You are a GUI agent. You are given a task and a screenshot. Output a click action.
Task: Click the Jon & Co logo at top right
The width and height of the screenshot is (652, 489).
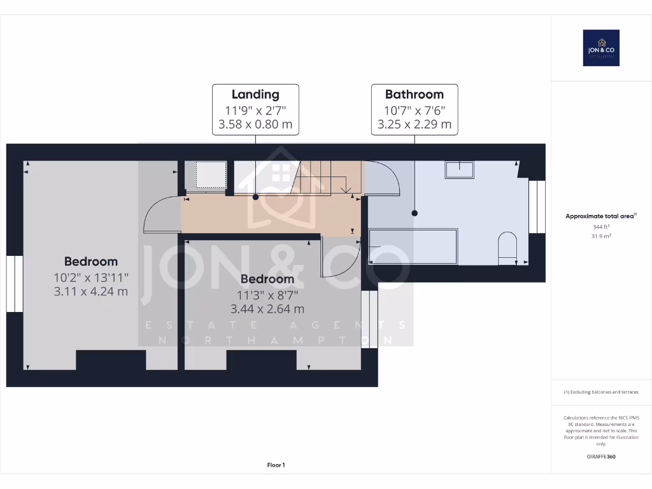[x=601, y=48]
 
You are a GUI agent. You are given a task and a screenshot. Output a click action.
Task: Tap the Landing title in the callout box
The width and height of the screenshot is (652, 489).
[x=255, y=94]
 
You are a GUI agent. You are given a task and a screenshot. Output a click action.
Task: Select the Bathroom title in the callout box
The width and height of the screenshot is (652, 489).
[x=414, y=94]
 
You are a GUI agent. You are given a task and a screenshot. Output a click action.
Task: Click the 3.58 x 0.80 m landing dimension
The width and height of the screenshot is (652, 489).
[x=255, y=125]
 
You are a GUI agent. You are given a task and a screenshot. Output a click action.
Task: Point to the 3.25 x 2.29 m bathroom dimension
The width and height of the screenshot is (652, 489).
[x=414, y=125]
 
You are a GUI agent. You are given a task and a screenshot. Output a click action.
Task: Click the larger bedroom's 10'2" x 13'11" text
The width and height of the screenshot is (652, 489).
[x=90, y=277]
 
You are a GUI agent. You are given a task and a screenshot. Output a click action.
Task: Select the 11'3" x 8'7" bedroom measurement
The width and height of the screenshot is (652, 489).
[x=267, y=295]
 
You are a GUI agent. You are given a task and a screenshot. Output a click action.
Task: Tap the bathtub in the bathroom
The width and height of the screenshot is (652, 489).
[x=413, y=246]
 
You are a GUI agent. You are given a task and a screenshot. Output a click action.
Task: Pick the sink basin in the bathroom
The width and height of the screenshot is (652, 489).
[x=459, y=169]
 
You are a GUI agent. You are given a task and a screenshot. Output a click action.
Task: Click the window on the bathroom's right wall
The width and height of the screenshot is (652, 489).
[x=537, y=207]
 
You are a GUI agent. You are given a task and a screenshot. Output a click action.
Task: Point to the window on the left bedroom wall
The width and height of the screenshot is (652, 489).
[x=15, y=283]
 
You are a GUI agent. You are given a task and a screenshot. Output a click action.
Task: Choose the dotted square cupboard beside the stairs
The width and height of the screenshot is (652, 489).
[x=210, y=174]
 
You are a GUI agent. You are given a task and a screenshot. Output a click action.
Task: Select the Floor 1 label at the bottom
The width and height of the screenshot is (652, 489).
[x=276, y=465]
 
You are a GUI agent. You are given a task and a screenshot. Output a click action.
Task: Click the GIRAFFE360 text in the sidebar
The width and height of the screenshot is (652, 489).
[x=600, y=457]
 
